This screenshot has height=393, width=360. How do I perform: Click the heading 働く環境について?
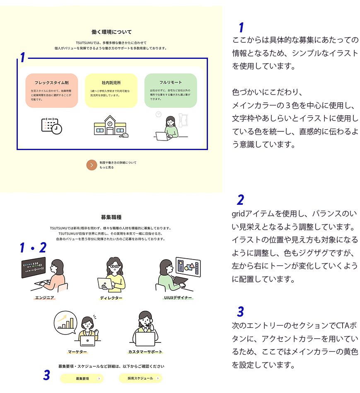(111, 32)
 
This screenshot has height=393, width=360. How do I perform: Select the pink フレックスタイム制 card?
(52, 90)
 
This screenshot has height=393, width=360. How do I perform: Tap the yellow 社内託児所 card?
(111, 90)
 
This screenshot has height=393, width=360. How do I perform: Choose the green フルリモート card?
(171, 90)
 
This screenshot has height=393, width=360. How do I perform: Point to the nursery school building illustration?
(110, 126)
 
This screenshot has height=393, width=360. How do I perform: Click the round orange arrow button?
(92, 165)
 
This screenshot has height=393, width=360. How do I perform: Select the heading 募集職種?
(111, 217)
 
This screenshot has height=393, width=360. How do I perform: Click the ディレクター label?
(111, 298)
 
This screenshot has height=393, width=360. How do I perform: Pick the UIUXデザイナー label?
(178, 298)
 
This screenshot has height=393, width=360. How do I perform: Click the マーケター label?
(77, 352)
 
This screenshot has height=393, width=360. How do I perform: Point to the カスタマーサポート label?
(145, 352)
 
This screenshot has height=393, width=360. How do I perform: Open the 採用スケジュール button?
(140, 378)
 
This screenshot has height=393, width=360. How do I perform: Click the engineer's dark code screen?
(34, 267)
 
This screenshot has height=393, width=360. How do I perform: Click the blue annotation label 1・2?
(33, 248)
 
